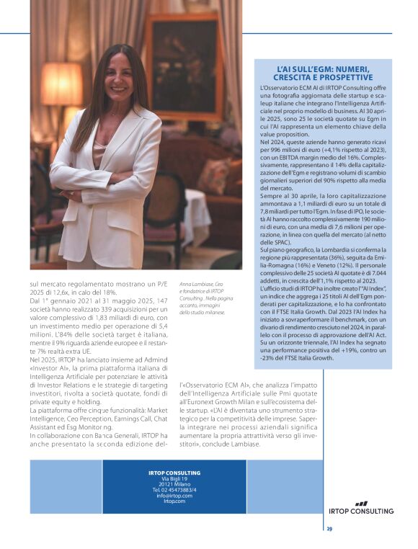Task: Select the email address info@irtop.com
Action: click(x=173, y=495)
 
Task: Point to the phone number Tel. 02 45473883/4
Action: click(x=174, y=489)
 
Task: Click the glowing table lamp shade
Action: click(x=61, y=84)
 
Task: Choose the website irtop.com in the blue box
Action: click(x=174, y=501)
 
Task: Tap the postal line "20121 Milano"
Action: click(x=174, y=483)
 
